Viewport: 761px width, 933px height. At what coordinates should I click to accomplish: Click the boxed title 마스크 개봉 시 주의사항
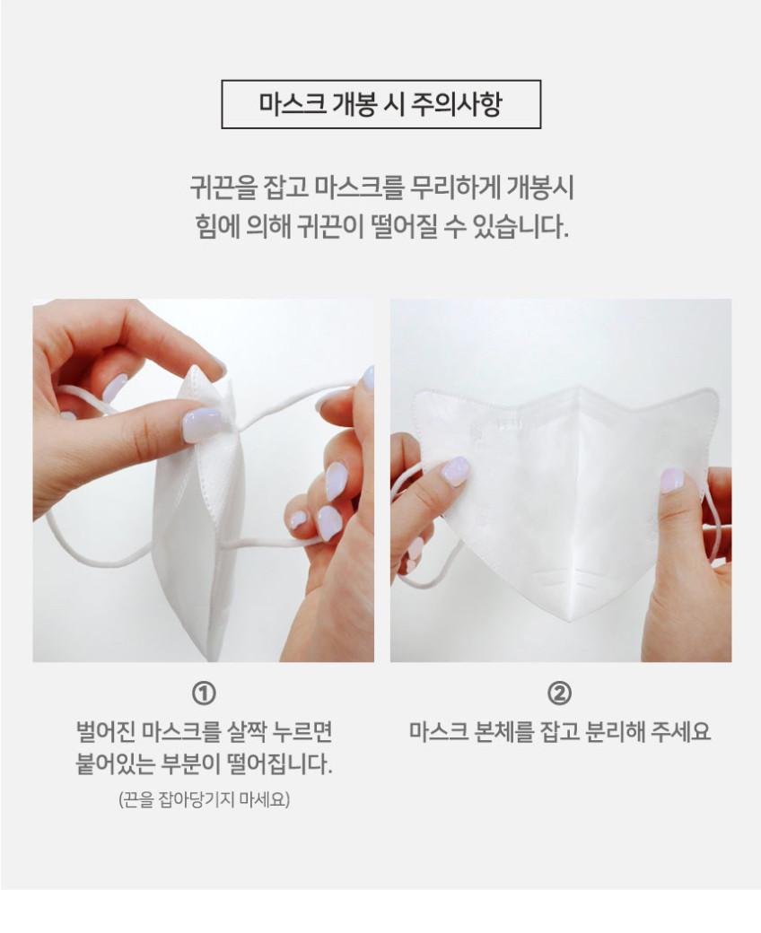(x=380, y=104)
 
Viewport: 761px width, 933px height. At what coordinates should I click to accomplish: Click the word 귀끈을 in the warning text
(x=223, y=187)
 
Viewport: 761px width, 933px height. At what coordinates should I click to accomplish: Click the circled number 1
(x=204, y=693)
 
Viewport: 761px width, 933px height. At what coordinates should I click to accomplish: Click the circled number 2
(x=559, y=693)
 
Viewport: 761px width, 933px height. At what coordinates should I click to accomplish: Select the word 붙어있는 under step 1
(x=115, y=763)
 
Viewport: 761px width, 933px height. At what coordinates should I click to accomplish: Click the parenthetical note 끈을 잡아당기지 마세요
(x=204, y=799)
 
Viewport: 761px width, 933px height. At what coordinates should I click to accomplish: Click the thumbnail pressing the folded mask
(x=201, y=425)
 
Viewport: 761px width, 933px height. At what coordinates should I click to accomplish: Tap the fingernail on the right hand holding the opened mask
(x=672, y=480)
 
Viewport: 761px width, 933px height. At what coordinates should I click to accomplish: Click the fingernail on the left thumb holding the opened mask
(x=455, y=471)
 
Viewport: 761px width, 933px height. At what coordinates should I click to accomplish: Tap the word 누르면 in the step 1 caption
(x=302, y=731)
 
